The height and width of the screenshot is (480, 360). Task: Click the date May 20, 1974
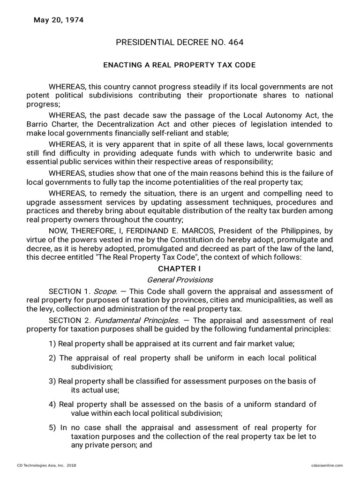pyautogui.click(x=58, y=20)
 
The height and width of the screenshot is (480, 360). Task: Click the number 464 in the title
pyautogui.click(x=235, y=43)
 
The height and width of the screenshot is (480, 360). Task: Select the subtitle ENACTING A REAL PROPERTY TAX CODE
pyautogui.click(x=180, y=65)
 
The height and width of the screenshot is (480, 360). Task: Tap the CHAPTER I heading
pyautogui.click(x=180, y=269)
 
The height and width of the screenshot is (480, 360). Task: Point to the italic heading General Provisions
pyautogui.click(x=180, y=280)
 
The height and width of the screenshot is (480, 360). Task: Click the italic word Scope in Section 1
pyautogui.click(x=105, y=291)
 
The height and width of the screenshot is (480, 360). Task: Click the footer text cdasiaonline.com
pyautogui.click(x=327, y=465)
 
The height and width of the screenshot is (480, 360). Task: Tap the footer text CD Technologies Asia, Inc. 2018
pyautogui.click(x=46, y=465)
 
